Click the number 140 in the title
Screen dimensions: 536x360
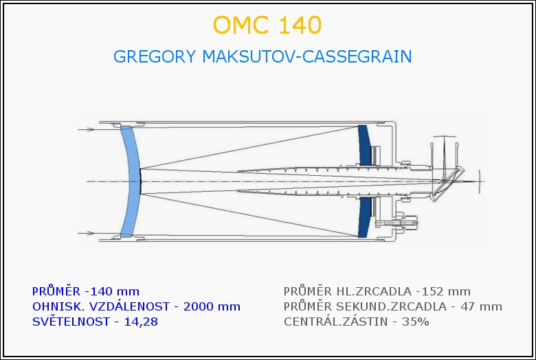300,25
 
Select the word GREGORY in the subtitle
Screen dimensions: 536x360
155,56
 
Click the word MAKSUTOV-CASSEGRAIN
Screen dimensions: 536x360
307,56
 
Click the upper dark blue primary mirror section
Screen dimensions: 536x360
364,144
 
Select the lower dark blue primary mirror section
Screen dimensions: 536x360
364,217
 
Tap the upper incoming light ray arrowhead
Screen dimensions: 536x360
90,130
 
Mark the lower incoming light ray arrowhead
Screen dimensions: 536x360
90,234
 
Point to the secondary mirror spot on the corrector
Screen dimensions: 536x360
140,181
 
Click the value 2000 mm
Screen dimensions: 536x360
212,306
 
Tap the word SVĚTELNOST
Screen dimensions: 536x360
71,322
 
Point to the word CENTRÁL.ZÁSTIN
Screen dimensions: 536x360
335,322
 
